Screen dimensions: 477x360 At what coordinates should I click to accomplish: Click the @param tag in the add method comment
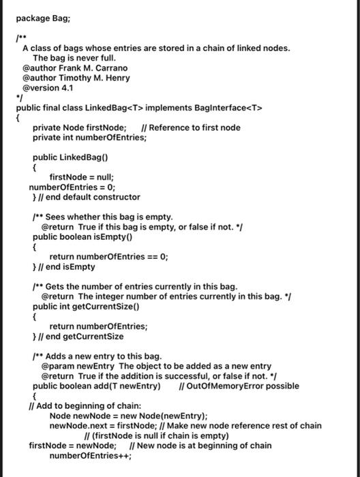click(56, 366)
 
